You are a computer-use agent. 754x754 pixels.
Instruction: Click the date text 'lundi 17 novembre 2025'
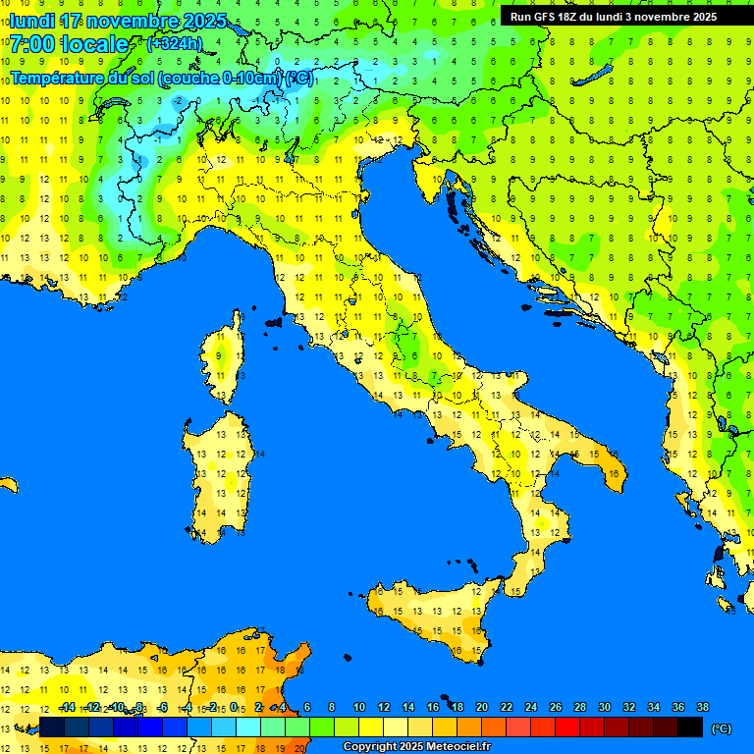[118, 21]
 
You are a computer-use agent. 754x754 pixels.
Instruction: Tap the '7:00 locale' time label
[69, 44]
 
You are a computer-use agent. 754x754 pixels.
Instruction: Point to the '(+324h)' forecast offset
[174, 44]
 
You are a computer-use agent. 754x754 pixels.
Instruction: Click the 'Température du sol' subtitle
[162, 78]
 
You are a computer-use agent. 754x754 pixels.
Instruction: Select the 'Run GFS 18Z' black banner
[613, 17]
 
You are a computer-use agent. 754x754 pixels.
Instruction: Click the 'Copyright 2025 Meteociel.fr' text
[416, 747]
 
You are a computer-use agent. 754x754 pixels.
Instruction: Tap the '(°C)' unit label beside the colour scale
[721, 727]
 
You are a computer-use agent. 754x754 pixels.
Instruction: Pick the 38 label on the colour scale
[702, 707]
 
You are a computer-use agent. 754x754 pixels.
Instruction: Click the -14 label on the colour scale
[68, 707]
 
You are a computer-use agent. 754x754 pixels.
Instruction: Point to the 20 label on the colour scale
[481, 707]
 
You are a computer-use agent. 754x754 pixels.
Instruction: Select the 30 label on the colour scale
[604, 707]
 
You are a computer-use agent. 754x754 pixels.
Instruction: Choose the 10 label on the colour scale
[358, 707]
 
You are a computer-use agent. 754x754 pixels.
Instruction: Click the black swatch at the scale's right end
[690, 727]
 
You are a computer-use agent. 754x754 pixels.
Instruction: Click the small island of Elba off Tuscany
[273, 321]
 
